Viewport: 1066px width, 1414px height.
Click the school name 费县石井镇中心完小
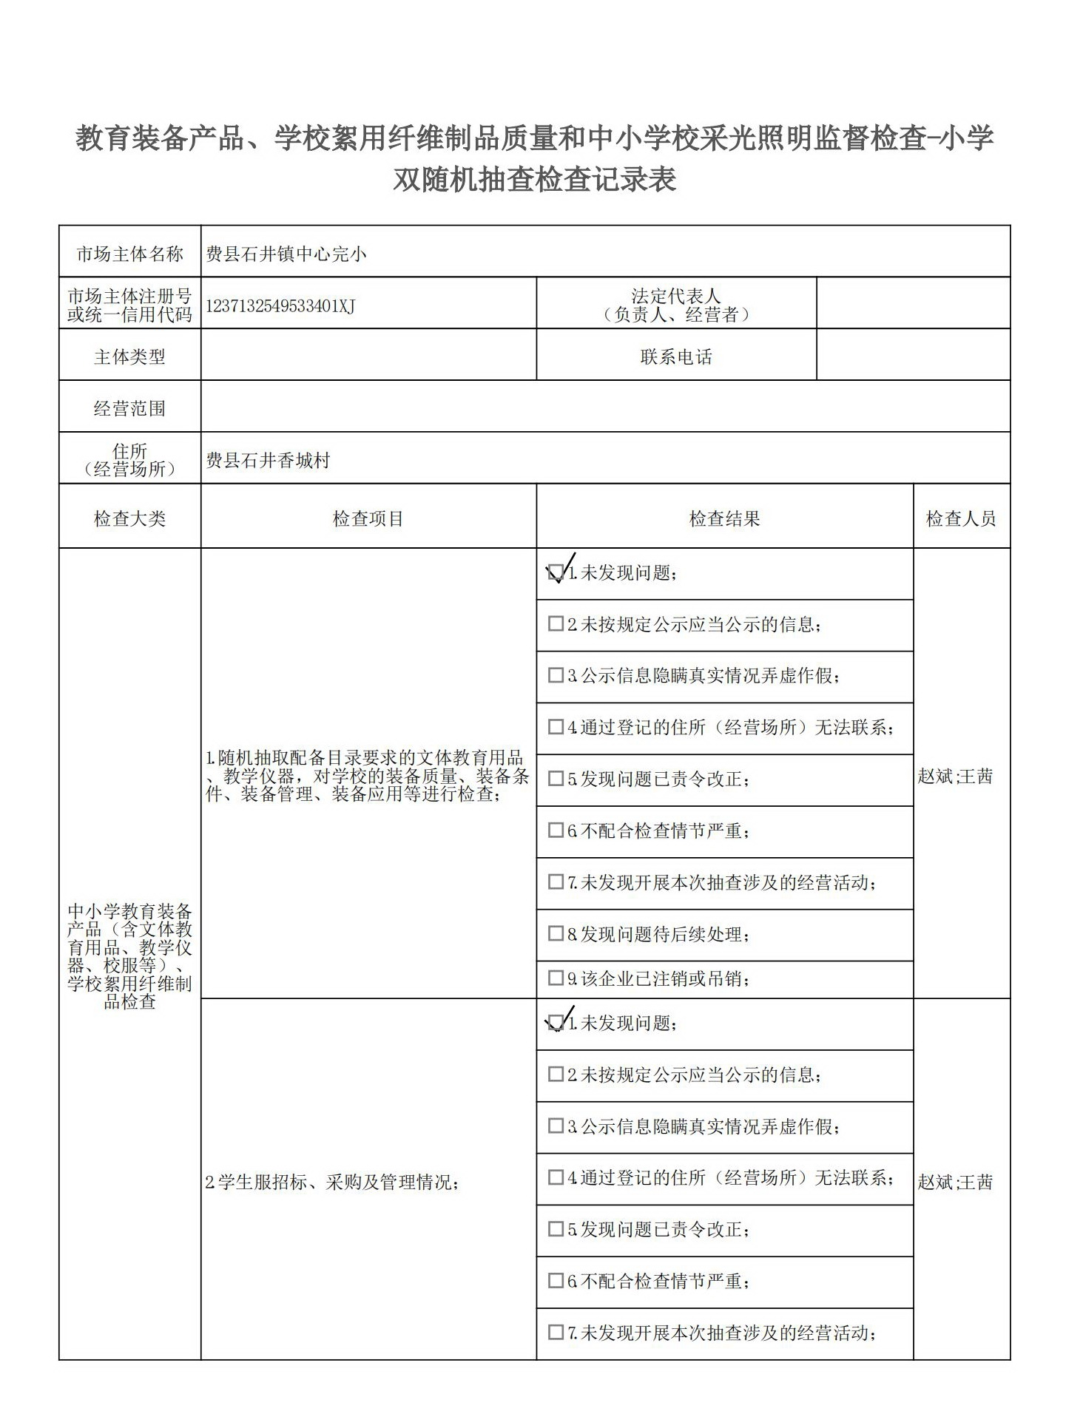(286, 254)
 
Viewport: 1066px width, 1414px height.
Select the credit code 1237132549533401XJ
(280, 306)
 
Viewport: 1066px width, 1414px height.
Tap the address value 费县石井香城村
(268, 461)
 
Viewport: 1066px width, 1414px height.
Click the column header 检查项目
(368, 518)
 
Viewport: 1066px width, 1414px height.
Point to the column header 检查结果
(724, 518)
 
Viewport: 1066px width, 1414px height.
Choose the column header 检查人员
(961, 518)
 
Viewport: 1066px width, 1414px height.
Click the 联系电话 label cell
(676, 357)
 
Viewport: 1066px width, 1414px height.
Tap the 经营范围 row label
(129, 408)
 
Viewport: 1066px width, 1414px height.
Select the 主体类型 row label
(129, 357)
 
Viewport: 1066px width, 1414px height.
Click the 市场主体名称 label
(129, 254)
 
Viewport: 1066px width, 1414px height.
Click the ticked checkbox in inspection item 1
(556, 572)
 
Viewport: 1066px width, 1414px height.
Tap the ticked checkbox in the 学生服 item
(556, 1023)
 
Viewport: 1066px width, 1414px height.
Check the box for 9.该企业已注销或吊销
(556, 978)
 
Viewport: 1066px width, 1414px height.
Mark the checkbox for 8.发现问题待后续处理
(556, 933)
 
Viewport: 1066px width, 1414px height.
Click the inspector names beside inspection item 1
(955, 776)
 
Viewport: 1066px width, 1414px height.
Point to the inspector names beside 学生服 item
(955, 1182)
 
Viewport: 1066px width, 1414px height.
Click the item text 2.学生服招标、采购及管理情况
(332, 1182)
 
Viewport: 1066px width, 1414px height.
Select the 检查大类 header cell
(129, 518)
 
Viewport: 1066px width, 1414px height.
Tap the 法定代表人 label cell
(676, 305)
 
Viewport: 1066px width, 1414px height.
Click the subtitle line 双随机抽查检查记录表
(534, 180)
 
